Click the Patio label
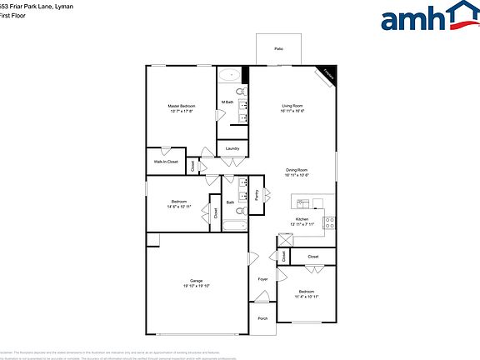[278, 50]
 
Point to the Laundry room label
[232, 149]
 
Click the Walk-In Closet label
[167, 162]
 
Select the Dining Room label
[297, 170]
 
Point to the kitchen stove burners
[329, 222]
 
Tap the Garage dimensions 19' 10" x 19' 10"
[196, 286]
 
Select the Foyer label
[262, 279]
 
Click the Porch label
[262, 318]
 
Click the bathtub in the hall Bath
[232, 225]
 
